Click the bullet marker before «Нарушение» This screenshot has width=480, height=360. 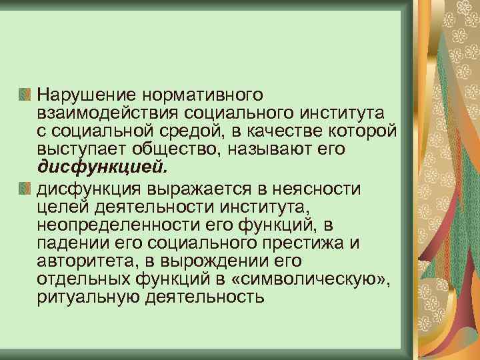26,91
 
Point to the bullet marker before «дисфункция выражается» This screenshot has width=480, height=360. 26,187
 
